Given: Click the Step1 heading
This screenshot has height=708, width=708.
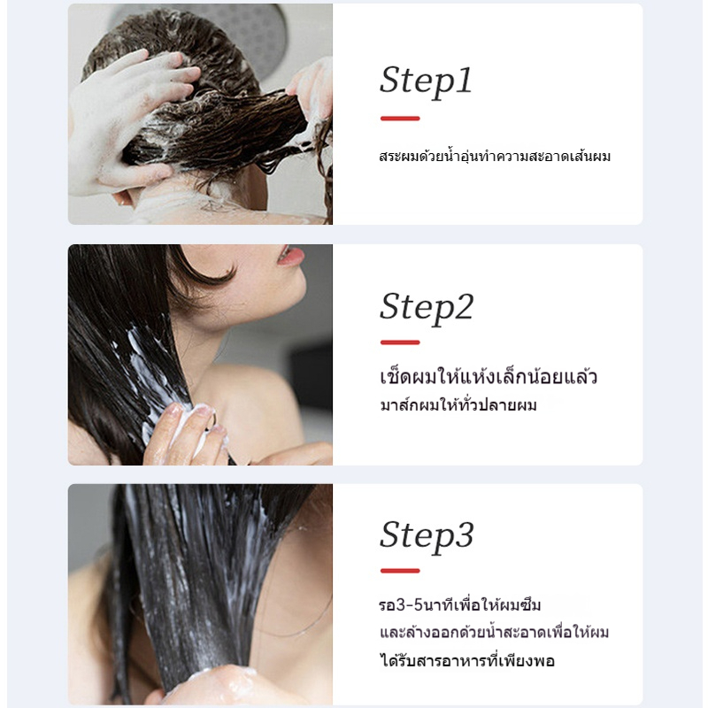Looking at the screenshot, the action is pyautogui.click(x=426, y=81).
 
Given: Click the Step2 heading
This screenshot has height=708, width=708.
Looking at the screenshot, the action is pyautogui.click(x=427, y=308).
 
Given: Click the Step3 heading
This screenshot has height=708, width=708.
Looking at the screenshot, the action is pyautogui.click(x=427, y=536).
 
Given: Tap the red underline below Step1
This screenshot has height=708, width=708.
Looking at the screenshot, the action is pyautogui.click(x=400, y=119).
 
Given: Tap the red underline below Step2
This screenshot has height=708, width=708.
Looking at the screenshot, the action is pyautogui.click(x=400, y=342).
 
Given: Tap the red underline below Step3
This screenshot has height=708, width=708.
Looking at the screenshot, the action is pyautogui.click(x=400, y=571).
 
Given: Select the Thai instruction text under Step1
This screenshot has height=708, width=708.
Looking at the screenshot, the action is pyautogui.click(x=495, y=157).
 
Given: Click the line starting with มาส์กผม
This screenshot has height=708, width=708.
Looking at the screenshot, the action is pyautogui.click(x=458, y=404).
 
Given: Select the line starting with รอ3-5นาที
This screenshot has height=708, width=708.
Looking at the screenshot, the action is pyautogui.click(x=459, y=605).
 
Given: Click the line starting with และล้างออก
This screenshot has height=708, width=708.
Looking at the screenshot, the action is pyautogui.click(x=495, y=632).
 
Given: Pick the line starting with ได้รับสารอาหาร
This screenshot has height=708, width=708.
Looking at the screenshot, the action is pyautogui.click(x=467, y=660).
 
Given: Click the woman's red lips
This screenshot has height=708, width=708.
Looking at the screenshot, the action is pyautogui.click(x=291, y=256).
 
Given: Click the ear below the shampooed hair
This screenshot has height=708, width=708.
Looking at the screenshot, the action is pyautogui.click(x=123, y=197).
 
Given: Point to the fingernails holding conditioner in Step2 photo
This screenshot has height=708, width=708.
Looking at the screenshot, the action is pyautogui.click(x=189, y=413).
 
